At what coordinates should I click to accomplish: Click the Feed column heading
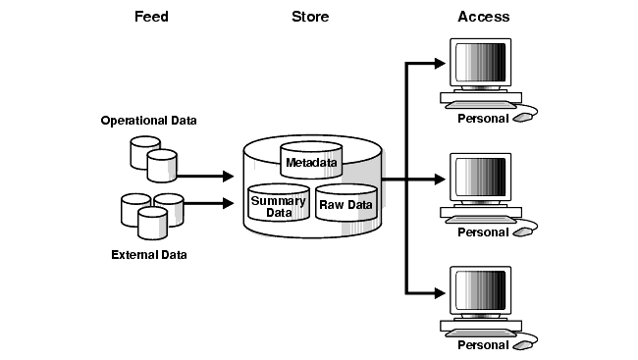[151, 17]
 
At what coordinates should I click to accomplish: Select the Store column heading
[310, 17]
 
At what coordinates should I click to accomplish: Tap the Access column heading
[483, 17]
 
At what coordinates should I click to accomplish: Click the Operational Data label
[148, 121]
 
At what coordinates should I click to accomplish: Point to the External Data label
[149, 255]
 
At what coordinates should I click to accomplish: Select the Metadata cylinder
[311, 160]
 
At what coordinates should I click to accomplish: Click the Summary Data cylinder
[279, 203]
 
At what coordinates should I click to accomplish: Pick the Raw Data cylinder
[346, 203]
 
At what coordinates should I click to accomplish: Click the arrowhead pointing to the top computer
[440, 64]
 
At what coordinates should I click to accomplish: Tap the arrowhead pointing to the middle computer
[440, 179]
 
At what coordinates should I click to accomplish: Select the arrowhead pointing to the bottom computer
[440, 293]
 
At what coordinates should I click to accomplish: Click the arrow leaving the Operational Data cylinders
[205, 177]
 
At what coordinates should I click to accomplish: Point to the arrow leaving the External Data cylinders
[209, 203]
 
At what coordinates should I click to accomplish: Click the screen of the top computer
[481, 62]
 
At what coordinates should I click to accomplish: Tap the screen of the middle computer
[481, 177]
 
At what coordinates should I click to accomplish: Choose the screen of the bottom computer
[481, 290]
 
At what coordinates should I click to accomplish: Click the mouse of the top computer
[523, 118]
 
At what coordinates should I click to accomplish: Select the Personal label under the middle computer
[483, 232]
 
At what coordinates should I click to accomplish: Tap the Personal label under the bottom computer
[483, 345]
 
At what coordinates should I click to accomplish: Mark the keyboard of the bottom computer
[481, 334]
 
